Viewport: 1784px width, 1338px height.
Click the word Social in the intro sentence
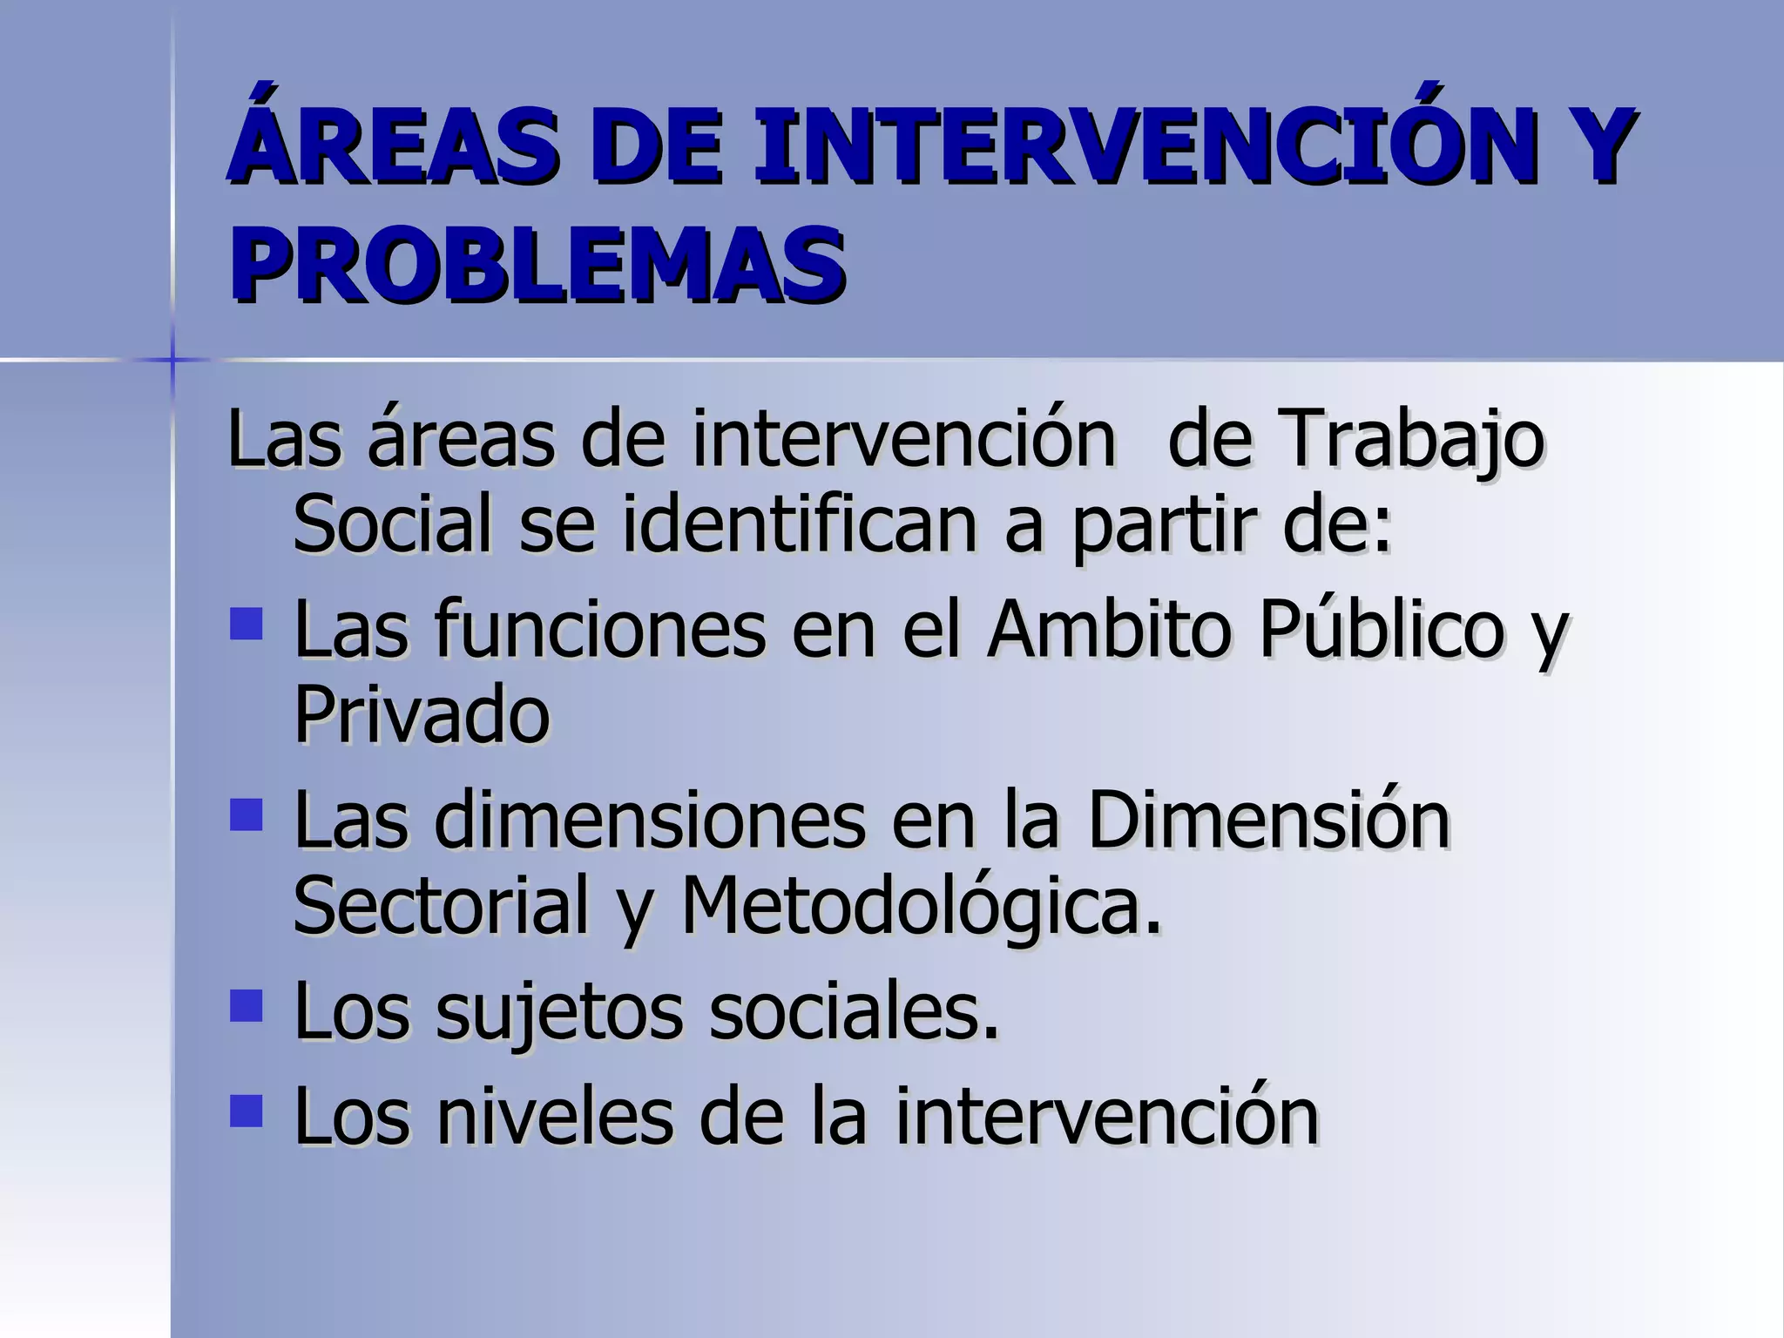[393, 524]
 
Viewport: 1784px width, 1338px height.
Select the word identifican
[800, 524]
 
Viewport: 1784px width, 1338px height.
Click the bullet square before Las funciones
[247, 625]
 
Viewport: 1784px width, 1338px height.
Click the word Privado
[422, 714]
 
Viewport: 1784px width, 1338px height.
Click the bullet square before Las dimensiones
[247, 815]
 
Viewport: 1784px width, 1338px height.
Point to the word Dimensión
[1268, 820]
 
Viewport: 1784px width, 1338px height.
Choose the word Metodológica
[920, 906]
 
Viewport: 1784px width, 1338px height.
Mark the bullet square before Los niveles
[247, 1111]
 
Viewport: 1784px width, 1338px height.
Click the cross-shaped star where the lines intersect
[172, 359]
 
